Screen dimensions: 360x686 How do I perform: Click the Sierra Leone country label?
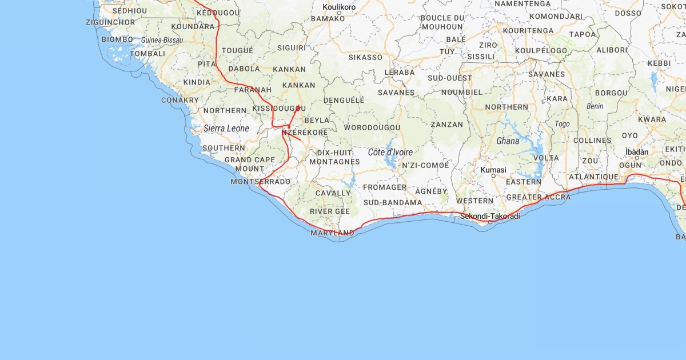tap(226, 129)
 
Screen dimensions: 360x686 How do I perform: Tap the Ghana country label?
tap(508, 141)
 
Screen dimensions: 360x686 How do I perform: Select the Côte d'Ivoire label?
tap(390, 152)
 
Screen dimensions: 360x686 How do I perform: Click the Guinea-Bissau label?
tap(162, 40)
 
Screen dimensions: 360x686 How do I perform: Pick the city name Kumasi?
tap(493, 170)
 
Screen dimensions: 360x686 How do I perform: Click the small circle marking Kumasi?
tap(493, 175)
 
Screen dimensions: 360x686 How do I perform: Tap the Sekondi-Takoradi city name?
tap(490, 216)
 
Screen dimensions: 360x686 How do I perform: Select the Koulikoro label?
tap(339, 7)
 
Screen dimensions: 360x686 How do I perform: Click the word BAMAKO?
tap(328, 18)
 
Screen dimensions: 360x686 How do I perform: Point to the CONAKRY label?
tap(180, 100)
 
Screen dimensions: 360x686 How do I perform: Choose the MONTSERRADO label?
tap(260, 182)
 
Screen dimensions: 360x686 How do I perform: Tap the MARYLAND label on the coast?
tap(332, 233)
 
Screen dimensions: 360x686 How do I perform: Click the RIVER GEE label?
tap(330, 211)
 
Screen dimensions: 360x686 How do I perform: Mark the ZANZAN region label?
tap(447, 124)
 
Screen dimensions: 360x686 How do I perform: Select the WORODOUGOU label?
tap(372, 127)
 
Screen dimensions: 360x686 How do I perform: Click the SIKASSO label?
tap(365, 57)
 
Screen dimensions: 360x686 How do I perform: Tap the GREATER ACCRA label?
tap(538, 197)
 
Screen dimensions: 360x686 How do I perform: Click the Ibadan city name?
tap(637, 151)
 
